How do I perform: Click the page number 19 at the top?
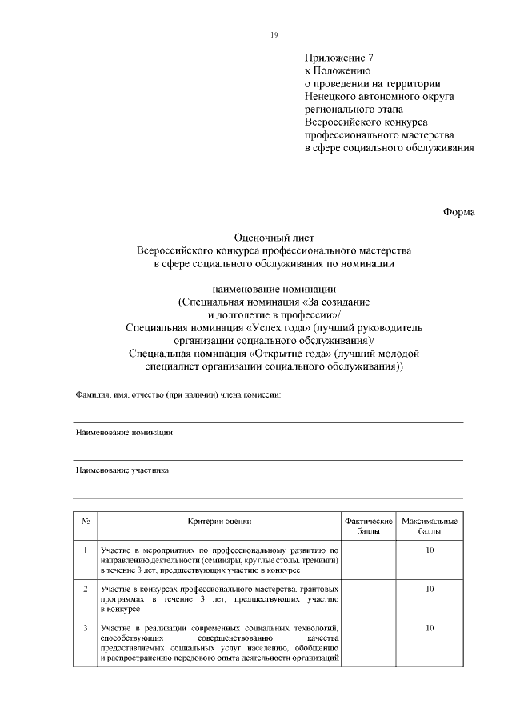(274, 35)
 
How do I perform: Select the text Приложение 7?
(339, 58)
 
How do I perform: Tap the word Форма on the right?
(459, 212)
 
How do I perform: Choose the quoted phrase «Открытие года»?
(290, 353)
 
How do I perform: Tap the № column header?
(85, 521)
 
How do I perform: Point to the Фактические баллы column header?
(368, 526)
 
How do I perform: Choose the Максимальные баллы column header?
(430, 526)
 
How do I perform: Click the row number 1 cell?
(85, 550)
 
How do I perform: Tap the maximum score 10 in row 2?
(430, 589)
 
